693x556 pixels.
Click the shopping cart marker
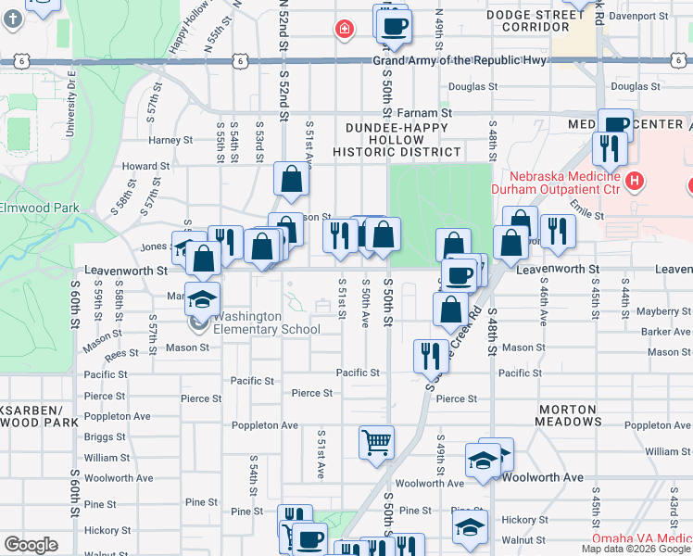tap(376, 442)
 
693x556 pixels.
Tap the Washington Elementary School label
tap(267, 322)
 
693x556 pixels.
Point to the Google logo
tap(31, 545)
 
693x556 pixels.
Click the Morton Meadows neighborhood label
tap(566, 415)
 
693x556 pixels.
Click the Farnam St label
tap(433, 111)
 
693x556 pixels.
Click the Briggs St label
tap(105, 437)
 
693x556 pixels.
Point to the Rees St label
tap(121, 354)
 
